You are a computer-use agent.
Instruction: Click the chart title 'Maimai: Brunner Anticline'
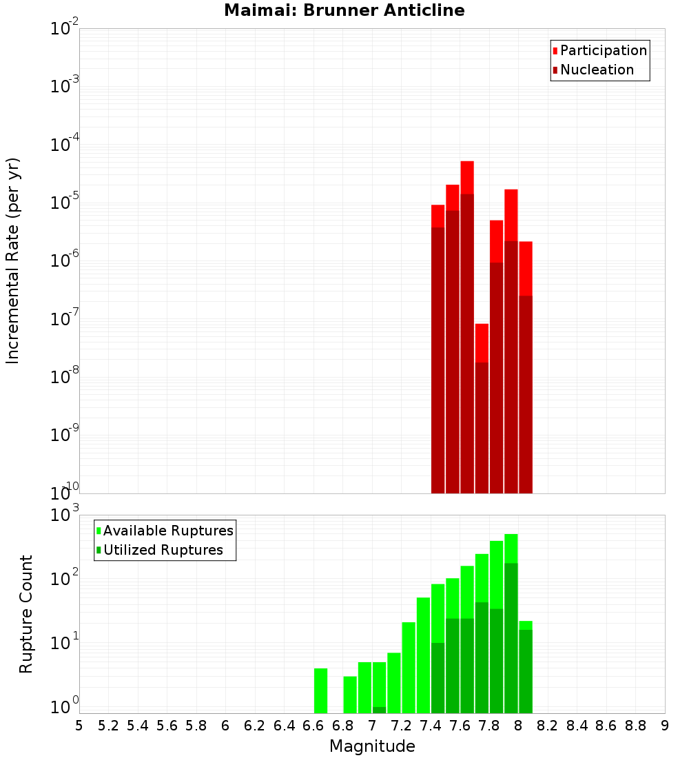point(344,10)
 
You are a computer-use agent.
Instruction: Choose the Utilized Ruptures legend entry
point(163,550)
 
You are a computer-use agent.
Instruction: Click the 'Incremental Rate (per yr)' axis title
point(13,260)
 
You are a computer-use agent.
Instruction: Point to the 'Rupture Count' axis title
point(26,613)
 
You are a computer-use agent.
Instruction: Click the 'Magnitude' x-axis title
point(372,746)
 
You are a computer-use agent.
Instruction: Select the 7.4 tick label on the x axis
point(431,726)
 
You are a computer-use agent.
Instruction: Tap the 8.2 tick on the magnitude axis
point(548,726)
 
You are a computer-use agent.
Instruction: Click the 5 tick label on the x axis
point(79,726)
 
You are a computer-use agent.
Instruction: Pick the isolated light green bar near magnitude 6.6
point(320,690)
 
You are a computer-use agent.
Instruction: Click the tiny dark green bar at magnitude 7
point(379,710)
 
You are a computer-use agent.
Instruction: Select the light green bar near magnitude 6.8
point(350,695)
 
